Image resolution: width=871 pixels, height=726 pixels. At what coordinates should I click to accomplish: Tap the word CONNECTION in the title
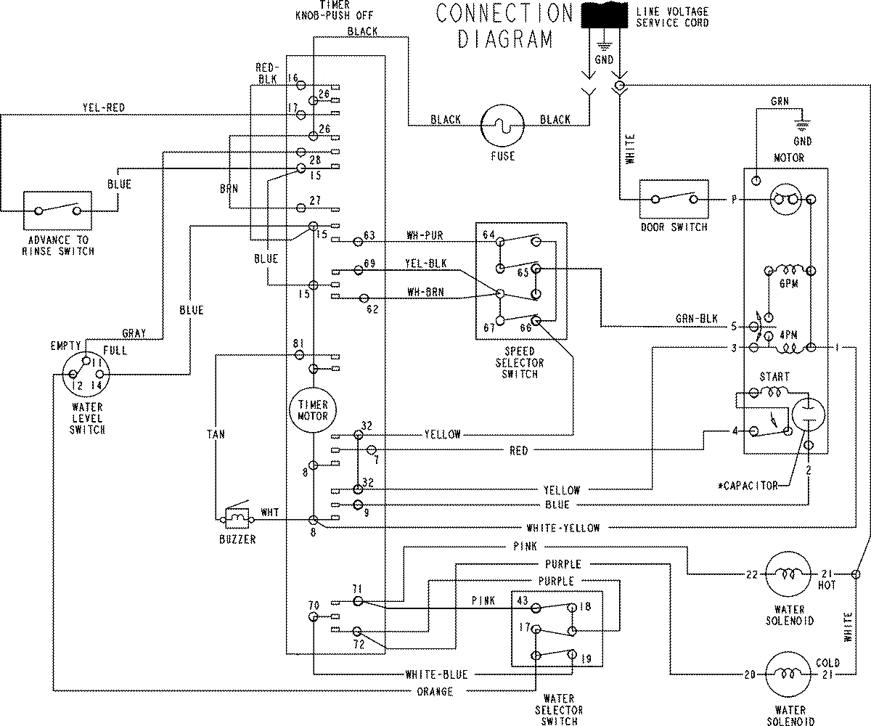pyautogui.click(x=504, y=13)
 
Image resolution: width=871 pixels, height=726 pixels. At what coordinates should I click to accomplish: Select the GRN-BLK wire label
pyautogui.click(x=696, y=318)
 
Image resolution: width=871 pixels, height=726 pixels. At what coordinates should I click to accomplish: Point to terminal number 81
pyautogui.click(x=298, y=343)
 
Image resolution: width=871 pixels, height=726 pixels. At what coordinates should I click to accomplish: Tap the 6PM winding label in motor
pyautogui.click(x=788, y=284)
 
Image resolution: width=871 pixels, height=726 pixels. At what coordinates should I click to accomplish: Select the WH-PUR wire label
pyautogui.click(x=425, y=235)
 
